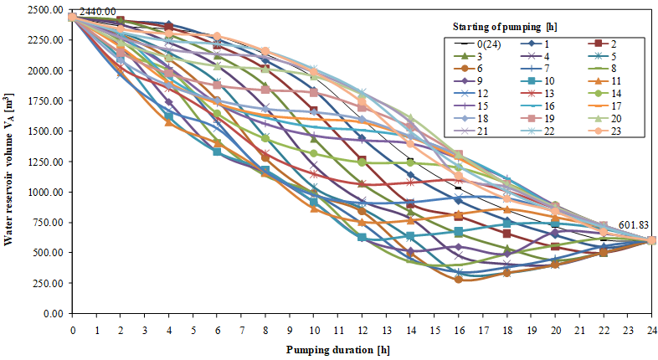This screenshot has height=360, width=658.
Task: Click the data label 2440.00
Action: point(99,11)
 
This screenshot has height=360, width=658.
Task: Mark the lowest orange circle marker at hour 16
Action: point(458,279)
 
